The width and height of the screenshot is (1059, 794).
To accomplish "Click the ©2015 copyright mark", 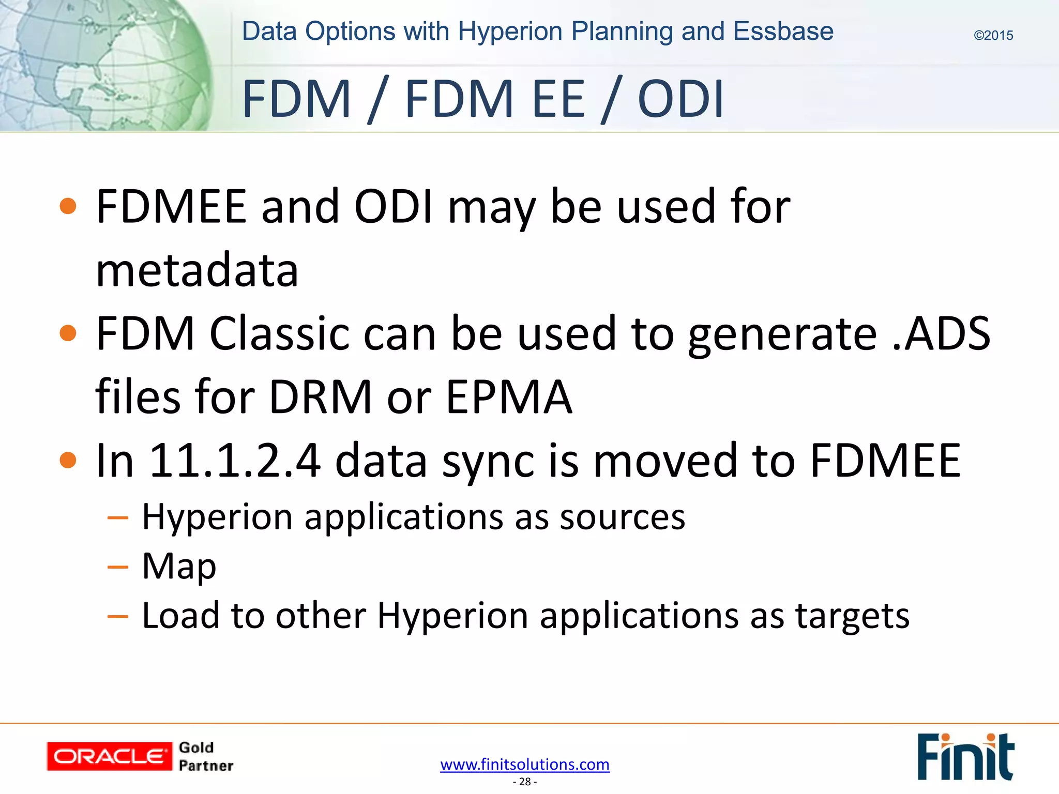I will pyautogui.click(x=993, y=36).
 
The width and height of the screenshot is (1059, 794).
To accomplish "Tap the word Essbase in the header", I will pyautogui.click(x=783, y=32).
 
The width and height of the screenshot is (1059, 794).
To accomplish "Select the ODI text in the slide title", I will pyautogui.click(x=680, y=99).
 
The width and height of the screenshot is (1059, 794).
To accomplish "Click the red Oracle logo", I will pyautogui.click(x=109, y=756).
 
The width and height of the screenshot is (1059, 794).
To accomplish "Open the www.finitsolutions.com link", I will pyautogui.click(x=524, y=764).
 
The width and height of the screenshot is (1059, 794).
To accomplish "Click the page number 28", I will pyautogui.click(x=524, y=782).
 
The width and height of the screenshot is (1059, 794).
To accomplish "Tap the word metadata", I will pyautogui.click(x=197, y=270).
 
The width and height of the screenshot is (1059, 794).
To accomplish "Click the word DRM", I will pyautogui.click(x=321, y=397).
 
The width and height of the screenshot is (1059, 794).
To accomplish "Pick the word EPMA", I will pyautogui.click(x=509, y=397).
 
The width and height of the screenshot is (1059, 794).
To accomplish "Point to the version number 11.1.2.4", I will pyautogui.click(x=235, y=461).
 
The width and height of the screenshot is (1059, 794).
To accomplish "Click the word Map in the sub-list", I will pyautogui.click(x=179, y=567).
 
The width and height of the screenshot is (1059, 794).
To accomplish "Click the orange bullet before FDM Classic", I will pyautogui.click(x=68, y=333).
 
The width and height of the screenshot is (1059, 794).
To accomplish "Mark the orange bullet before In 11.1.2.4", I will pyautogui.click(x=68, y=460).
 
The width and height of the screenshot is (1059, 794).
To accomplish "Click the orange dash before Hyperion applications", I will pyautogui.click(x=118, y=517).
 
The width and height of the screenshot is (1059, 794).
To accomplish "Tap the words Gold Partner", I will pyautogui.click(x=205, y=756).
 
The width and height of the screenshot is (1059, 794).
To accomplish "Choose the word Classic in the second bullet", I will pyautogui.click(x=279, y=334).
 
